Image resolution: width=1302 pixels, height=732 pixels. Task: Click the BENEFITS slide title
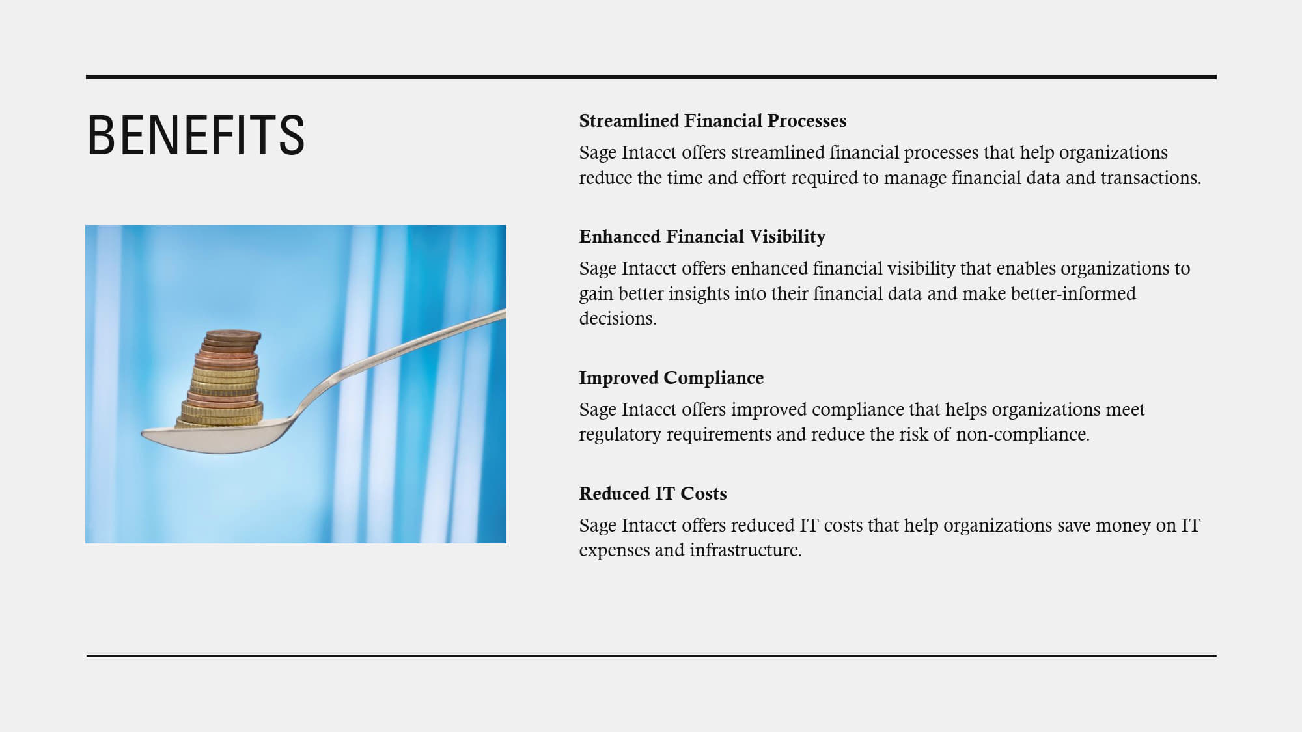(x=196, y=135)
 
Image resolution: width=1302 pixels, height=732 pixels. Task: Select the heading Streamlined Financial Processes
(x=713, y=121)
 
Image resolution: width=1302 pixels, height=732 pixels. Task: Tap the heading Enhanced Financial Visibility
(x=702, y=237)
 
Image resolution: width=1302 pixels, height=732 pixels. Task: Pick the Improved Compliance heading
(x=671, y=378)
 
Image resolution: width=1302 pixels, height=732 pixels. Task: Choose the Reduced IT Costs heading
(x=653, y=493)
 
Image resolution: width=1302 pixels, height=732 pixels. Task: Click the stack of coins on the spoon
(x=222, y=379)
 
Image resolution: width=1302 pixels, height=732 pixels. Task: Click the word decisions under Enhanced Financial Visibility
(x=618, y=319)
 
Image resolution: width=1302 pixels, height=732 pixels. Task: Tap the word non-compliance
(x=1023, y=435)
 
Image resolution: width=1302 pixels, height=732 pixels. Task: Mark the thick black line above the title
(x=651, y=77)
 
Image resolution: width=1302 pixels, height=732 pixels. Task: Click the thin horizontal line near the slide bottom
(x=651, y=656)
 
